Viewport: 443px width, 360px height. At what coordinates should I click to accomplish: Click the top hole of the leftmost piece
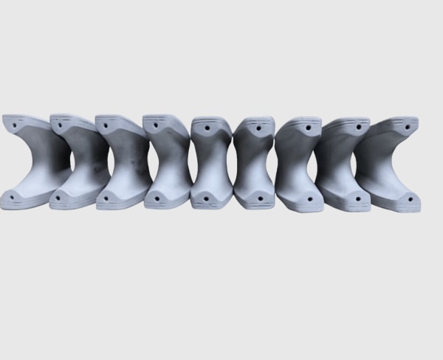[13, 126]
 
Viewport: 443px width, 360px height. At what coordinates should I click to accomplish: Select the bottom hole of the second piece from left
[59, 197]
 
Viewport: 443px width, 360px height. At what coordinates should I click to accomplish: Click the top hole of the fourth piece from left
[156, 125]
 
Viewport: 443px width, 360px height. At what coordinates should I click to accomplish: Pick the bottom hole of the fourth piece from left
[156, 198]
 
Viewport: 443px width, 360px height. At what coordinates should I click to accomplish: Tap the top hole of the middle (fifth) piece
[207, 127]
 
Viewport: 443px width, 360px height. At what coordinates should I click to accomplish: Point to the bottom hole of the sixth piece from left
[258, 197]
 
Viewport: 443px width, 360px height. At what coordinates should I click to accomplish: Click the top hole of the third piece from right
[309, 128]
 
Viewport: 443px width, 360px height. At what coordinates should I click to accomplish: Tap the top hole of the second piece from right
[358, 127]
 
